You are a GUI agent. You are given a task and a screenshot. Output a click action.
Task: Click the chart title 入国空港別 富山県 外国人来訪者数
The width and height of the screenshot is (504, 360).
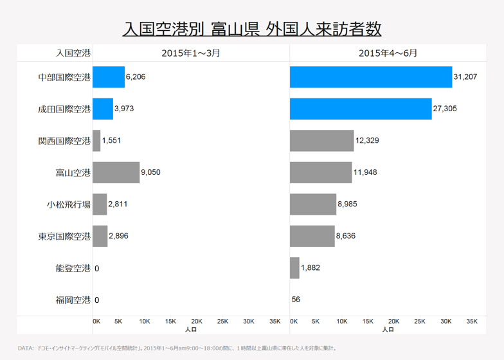[252, 29]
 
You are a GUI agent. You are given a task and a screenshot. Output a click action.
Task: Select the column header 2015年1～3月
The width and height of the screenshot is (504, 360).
[191, 53]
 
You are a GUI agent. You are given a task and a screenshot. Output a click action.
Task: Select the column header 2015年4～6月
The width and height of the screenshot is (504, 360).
[388, 53]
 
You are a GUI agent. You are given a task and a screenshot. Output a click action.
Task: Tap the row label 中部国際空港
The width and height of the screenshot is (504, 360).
[64, 77]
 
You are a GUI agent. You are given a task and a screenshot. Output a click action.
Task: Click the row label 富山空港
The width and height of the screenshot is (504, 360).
[73, 172]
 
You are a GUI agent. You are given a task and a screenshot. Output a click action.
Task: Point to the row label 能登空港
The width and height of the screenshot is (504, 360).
[73, 268]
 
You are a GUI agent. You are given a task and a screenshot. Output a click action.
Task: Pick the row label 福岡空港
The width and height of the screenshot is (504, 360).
[73, 300]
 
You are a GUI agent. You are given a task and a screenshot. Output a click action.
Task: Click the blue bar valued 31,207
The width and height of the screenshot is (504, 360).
[370, 77]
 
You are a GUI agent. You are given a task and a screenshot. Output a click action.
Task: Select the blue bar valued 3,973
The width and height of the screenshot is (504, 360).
[103, 109]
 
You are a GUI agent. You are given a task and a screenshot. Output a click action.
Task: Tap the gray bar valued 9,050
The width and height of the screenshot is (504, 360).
[116, 172]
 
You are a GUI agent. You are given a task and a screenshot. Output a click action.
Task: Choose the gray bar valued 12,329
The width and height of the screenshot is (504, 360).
[321, 141]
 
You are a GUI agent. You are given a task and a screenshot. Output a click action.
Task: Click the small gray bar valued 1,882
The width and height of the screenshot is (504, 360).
[294, 268]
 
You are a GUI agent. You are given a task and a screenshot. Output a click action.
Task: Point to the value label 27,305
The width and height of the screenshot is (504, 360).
[445, 109]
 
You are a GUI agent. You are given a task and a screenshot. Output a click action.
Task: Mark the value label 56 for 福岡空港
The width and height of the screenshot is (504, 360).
[296, 300]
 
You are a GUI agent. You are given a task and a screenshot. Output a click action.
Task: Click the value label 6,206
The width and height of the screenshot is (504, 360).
[136, 77]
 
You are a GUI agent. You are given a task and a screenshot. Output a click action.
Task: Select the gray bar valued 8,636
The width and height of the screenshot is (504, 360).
[312, 236]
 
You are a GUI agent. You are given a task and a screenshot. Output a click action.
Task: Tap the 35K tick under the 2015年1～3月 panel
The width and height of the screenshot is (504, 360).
[274, 321]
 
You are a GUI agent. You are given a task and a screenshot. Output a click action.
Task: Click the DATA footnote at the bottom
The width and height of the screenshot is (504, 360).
[177, 348]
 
